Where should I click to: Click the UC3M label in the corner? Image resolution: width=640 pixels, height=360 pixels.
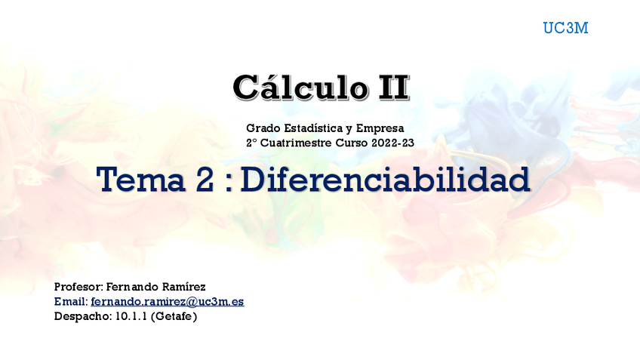(x=565, y=29)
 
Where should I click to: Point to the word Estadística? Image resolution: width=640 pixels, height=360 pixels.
(x=312, y=128)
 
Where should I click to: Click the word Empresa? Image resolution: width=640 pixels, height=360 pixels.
(x=380, y=128)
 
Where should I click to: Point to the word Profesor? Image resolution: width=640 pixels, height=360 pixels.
(x=78, y=287)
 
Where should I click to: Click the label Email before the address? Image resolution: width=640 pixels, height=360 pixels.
(x=70, y=301)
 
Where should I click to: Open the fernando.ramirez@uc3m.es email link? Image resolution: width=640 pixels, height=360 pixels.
(x=167, y=301)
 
